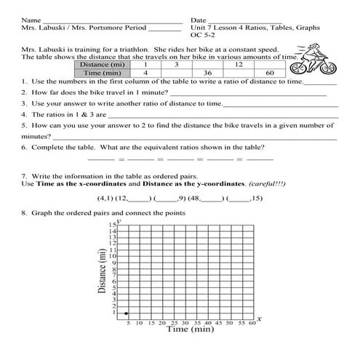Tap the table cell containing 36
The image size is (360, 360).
[207, 73]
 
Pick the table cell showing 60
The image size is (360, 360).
[270, 73]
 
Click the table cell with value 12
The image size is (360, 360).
[239, 65]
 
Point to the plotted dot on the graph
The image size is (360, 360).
[128, 312]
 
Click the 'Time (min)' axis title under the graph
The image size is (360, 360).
[190, 329]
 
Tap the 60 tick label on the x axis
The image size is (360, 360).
[252, 322]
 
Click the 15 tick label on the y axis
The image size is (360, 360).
[112, 225]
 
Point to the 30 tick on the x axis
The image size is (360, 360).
[185, 322]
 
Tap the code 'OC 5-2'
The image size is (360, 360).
[204, 34]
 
